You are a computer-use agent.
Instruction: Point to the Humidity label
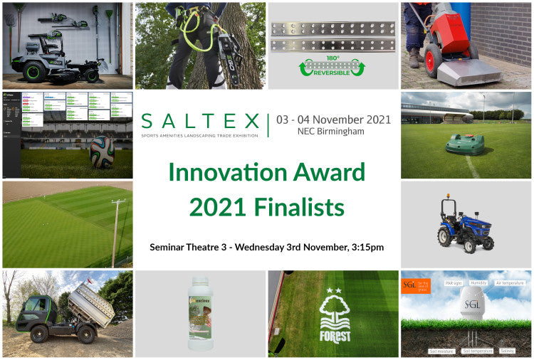pos(478,282)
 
